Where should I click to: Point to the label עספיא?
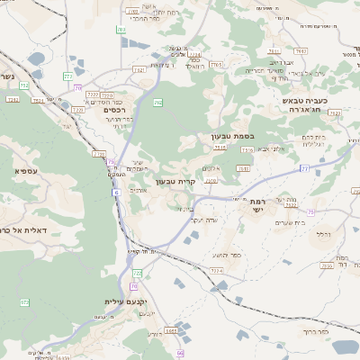[x=24, y=169]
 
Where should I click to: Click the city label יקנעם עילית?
[x=125, y=301]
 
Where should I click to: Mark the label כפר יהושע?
[x=234, y=255]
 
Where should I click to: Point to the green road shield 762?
[x=157, y=104]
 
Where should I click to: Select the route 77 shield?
[x=304, y=168]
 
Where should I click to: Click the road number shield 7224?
[x=216, y=269]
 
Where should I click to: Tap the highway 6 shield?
[x=116, y=193]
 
